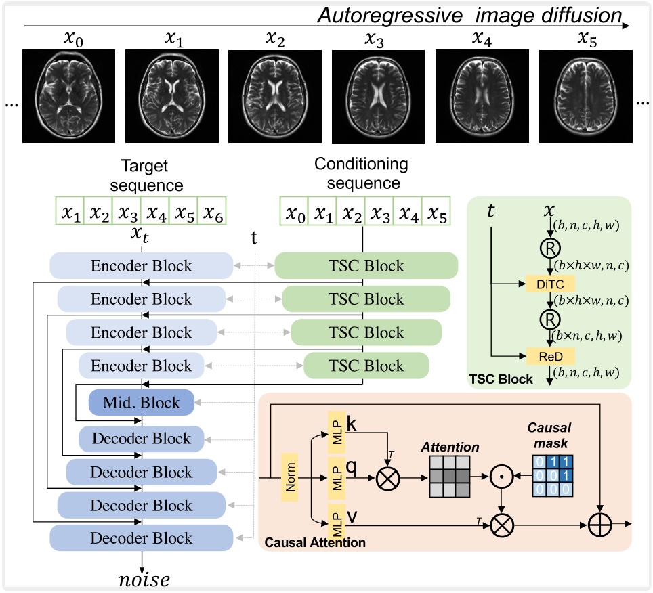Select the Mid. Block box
[x=142, y=402]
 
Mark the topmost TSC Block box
[x=366, y=265]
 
